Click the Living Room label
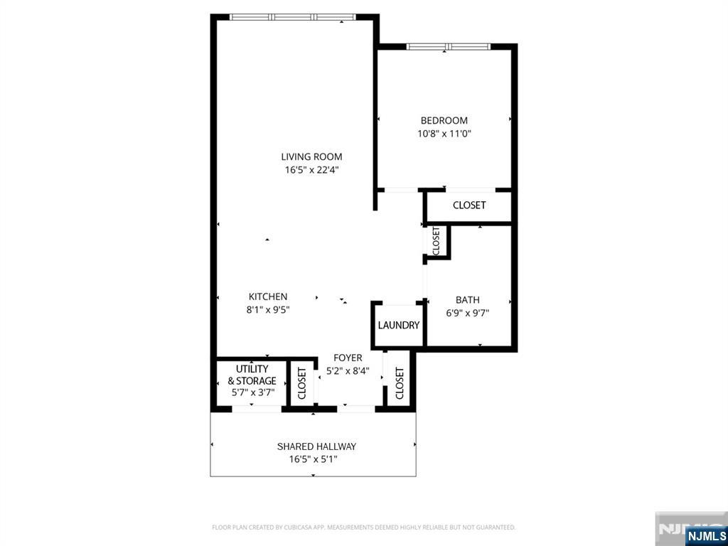(311, 157)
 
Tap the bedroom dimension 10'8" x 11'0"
(444, 133)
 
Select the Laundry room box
(398, 326)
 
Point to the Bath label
(468, 300)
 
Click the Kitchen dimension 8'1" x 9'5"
(267, 309)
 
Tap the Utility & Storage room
(252, 381)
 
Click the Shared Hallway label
(316, 446)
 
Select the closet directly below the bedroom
(469, 205)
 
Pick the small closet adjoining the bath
(437, 240)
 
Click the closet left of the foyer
(301, 383)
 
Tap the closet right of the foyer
(399, 383)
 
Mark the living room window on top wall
(293, 17)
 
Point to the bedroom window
(448, 47)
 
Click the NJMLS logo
(705, 535)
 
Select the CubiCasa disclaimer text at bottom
(363, 528)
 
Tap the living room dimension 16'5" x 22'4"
(311, 170)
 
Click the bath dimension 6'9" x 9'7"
(468, 312)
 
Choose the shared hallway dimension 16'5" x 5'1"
(313, 459)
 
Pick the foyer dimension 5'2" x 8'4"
(348, 370)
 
